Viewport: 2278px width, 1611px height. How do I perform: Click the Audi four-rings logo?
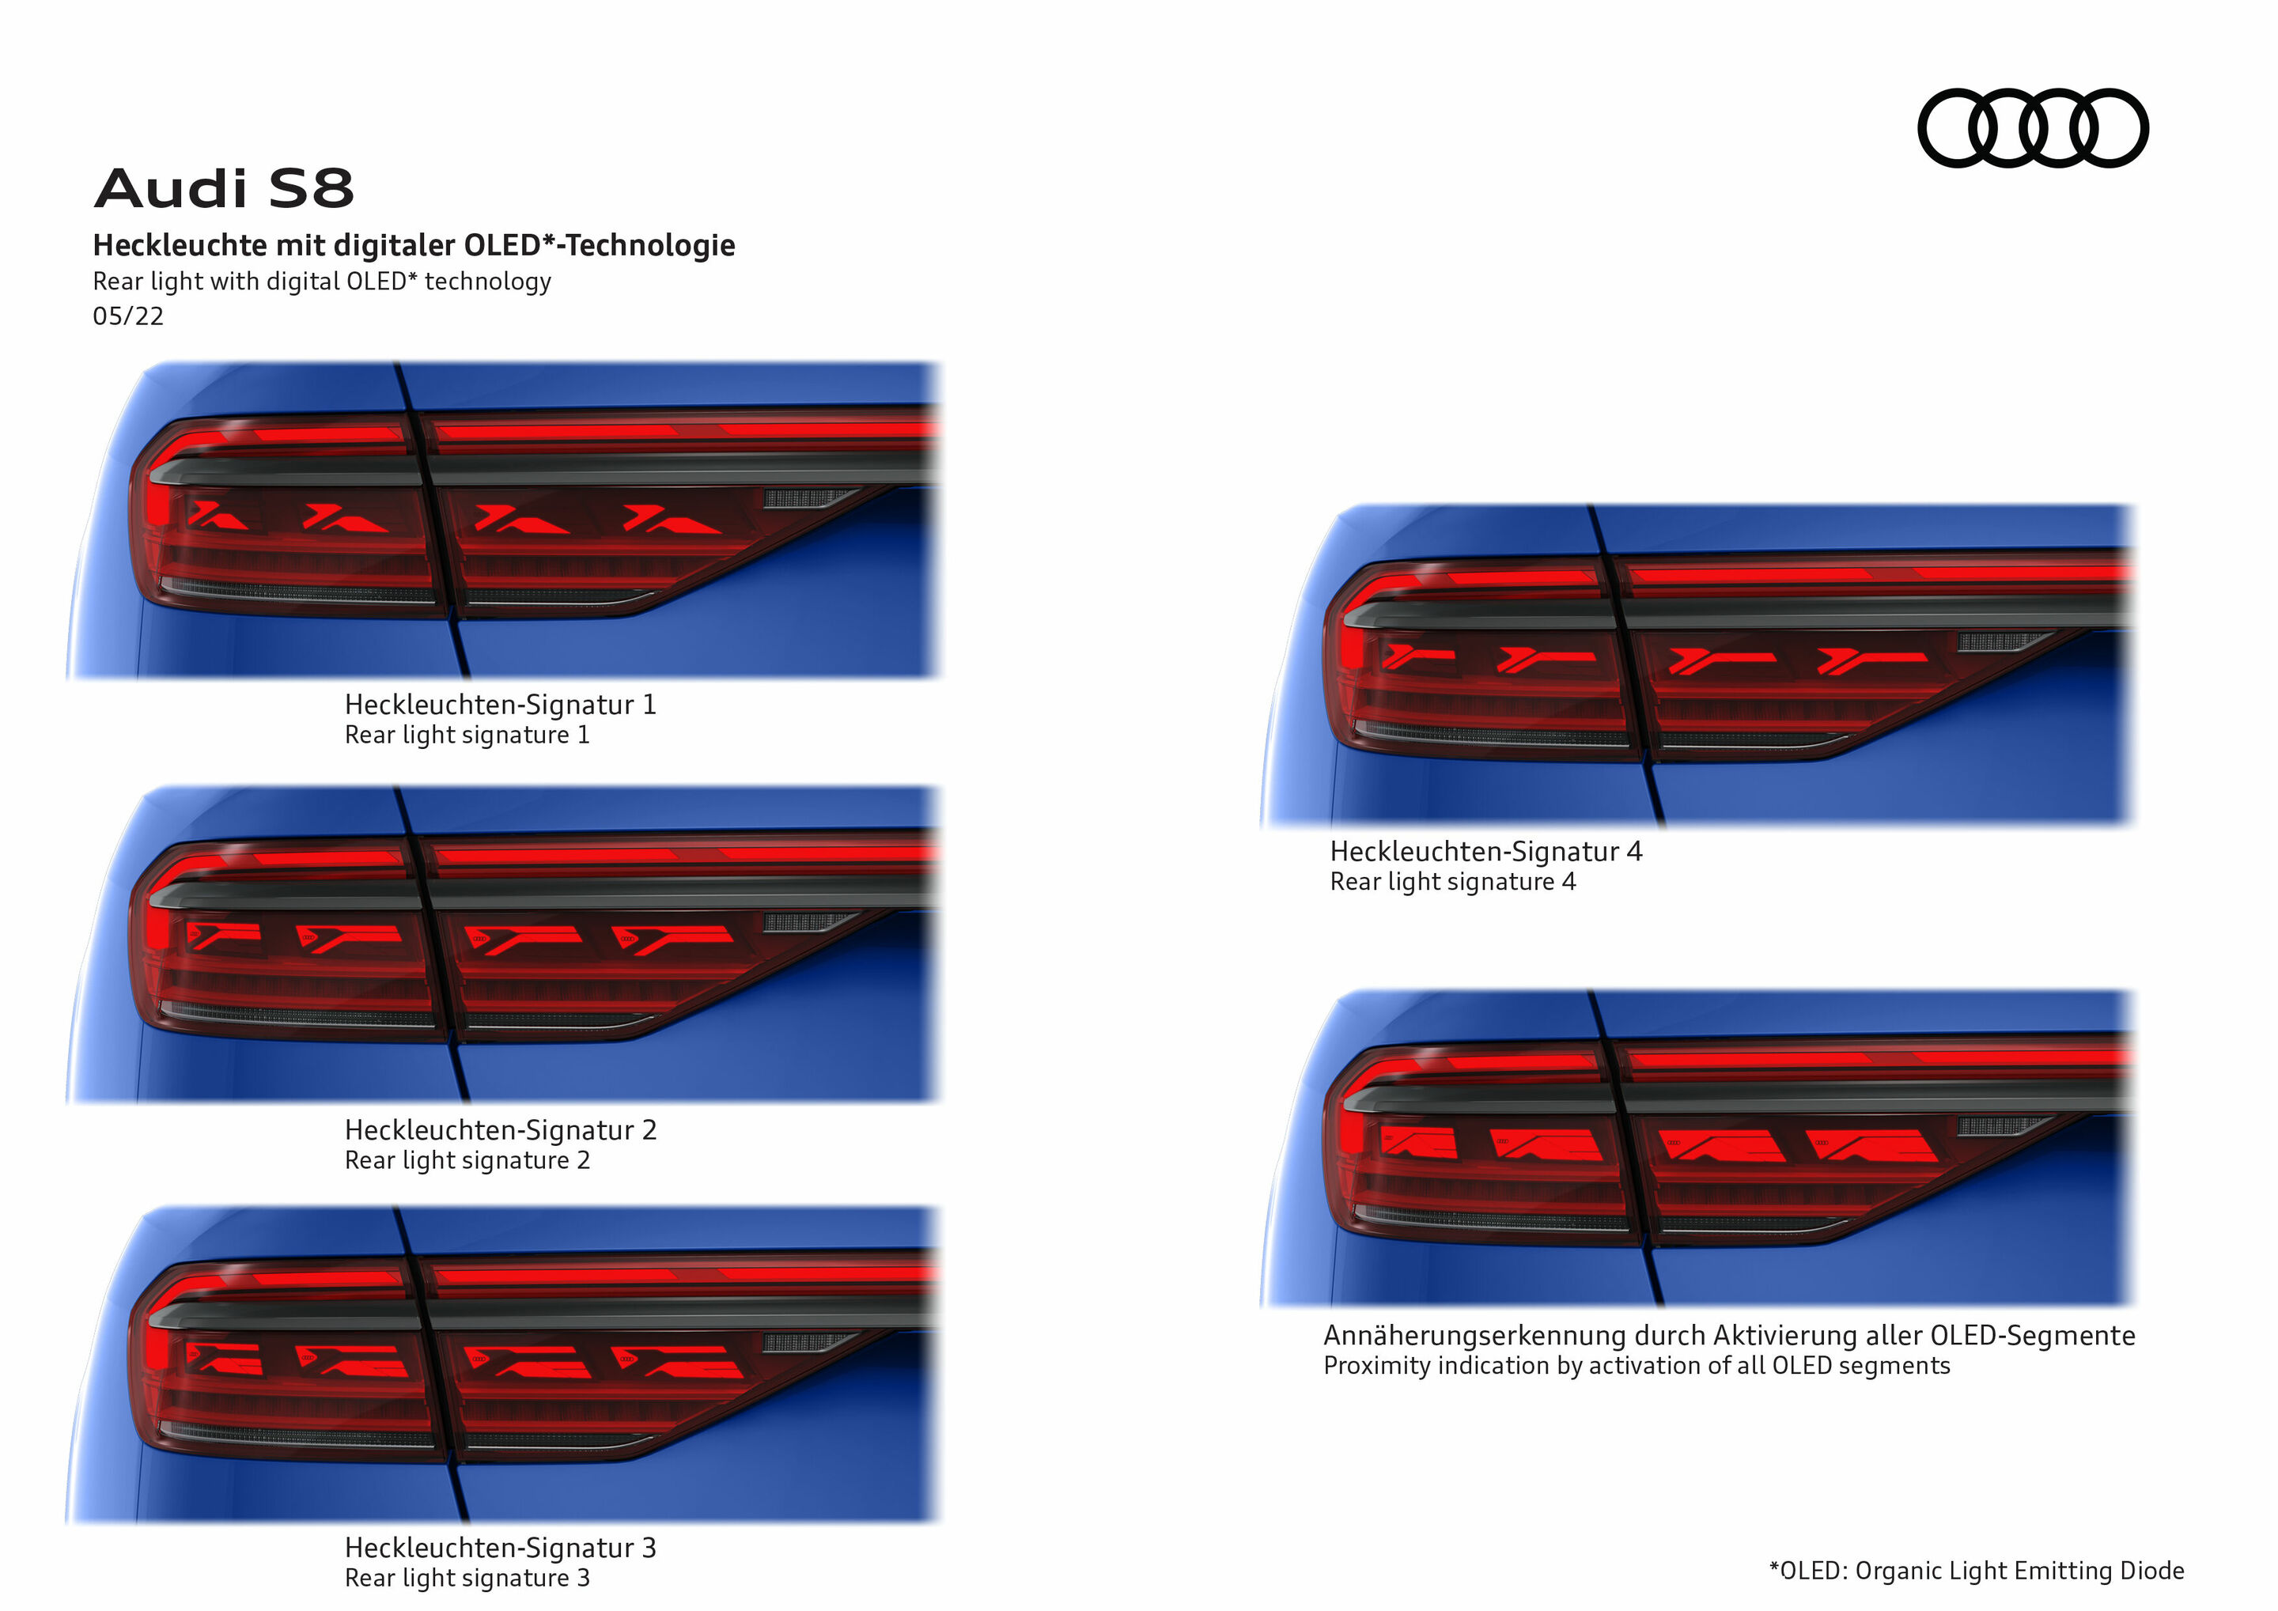[2032, 128]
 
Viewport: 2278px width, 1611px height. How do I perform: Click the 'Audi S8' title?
[224, 187]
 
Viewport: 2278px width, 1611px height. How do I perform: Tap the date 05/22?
[128, 316]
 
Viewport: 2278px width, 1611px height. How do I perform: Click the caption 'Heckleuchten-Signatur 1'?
[500, 705]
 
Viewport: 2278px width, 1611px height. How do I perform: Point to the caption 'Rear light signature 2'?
[467, 1161]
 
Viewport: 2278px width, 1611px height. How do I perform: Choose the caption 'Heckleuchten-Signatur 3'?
[500, 1548]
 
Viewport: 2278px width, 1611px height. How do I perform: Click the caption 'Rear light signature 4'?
[1451, 882]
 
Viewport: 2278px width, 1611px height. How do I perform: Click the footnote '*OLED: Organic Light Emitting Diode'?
[1977, 1571]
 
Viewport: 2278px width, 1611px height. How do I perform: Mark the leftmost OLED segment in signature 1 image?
[218, 516]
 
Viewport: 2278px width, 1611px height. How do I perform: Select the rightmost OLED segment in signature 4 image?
[1872, 660]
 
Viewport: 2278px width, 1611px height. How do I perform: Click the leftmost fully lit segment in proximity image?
[1419, 1144]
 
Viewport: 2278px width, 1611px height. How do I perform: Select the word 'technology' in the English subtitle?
[487, 282]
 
